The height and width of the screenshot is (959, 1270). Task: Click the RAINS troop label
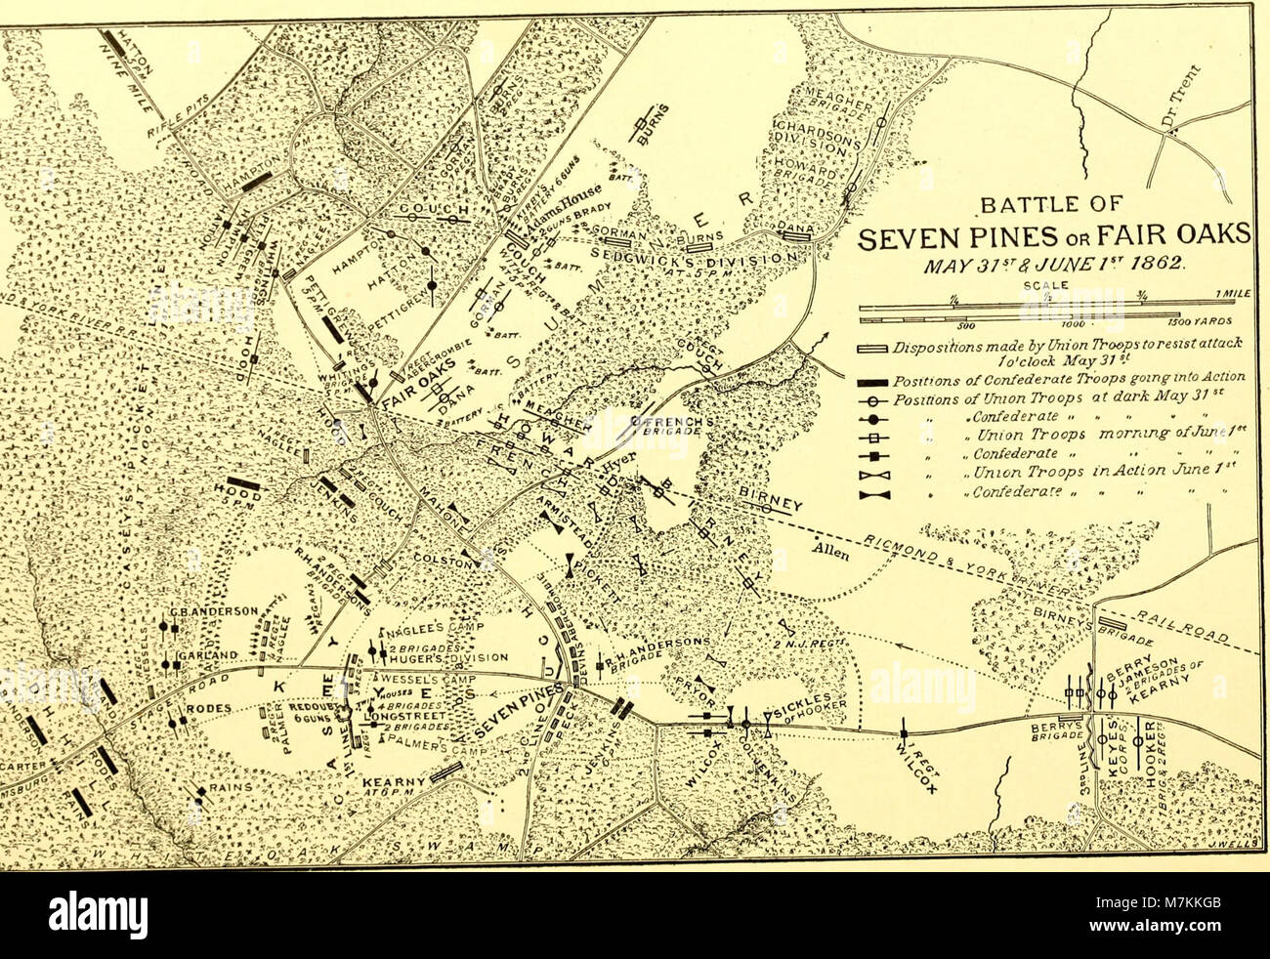(x=232, y=784)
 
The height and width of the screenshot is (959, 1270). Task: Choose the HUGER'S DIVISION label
(x=431, y=656)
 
